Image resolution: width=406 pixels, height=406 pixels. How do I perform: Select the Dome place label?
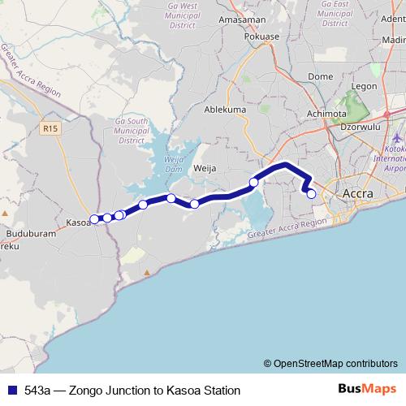[x=321, y=77]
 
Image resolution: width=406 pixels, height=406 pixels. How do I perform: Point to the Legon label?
[x=365, y=85]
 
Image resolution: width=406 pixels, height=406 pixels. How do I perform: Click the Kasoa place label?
[x=77, y=221]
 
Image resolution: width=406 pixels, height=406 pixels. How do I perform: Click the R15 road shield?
[x=51, y=127]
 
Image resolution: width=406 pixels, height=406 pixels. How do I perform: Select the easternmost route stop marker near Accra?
[x=311, y=194]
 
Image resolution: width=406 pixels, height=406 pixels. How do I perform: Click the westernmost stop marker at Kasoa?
[x=94, y=218]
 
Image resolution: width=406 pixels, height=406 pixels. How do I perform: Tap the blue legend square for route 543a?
[x=10, y=390]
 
